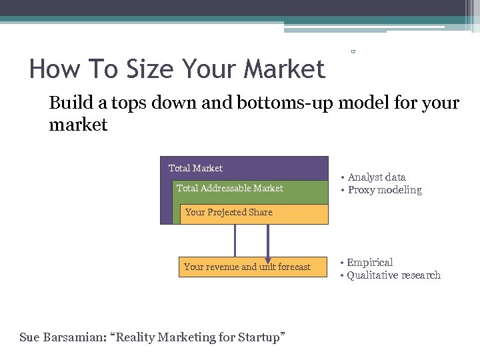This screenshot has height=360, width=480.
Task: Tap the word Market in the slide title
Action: tap(285, 69)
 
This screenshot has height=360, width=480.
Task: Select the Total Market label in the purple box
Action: tap(195, 168)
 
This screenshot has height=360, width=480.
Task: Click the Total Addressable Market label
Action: tap(229, 188)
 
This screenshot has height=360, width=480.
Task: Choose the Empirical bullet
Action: tap(369, 263)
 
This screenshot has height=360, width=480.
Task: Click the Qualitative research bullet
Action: tap(393, 275)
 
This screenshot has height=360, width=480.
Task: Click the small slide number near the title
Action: tap(353, 51)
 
